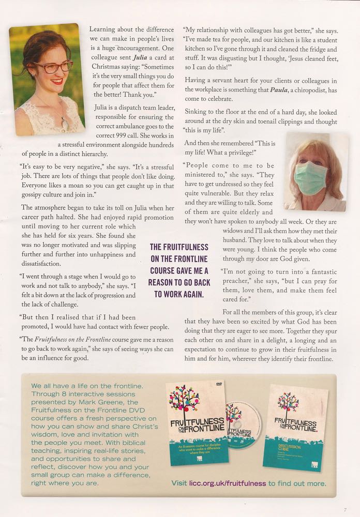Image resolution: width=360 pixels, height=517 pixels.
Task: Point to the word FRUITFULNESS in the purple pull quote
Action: coord(179,247)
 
